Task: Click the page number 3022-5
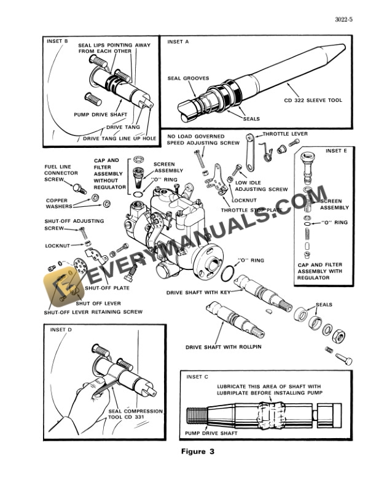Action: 344,20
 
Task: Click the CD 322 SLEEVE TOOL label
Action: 313,101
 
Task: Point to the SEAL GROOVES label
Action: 188,79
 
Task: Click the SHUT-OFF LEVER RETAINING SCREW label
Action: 93,312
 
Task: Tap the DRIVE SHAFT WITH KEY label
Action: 198,293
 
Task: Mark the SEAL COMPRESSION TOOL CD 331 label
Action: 135,415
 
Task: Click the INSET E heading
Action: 336,150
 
